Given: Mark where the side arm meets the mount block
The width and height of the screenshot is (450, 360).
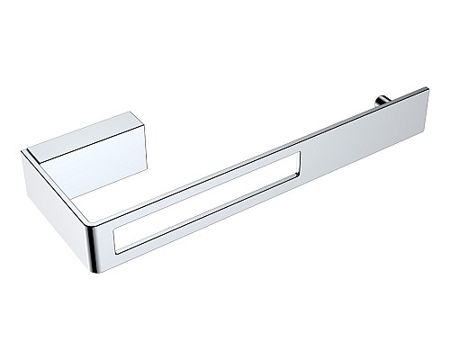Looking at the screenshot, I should click(45, 157).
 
